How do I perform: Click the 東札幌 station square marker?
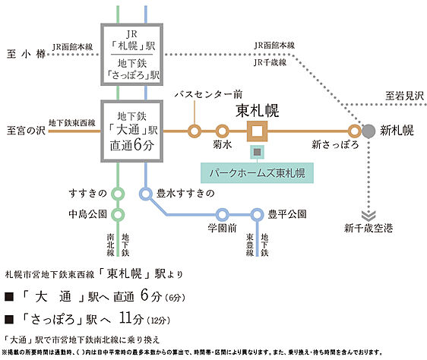coord(257,130)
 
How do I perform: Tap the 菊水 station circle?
coord(222,130)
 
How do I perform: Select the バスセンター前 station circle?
coord(195,130)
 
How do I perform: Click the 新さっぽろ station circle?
coord(353,130)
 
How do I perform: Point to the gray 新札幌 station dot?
coord(368,130)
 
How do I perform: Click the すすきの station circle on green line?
coord(117,193)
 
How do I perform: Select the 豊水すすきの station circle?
coord(145,193)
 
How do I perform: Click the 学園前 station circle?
coord(223,213)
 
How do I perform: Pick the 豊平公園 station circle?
coord(257,213)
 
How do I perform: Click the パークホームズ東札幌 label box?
coord(257,171)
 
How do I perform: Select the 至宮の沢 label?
coord(23,130)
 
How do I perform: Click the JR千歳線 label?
coord(272,63)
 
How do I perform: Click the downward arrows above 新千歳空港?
coord(368,212)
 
